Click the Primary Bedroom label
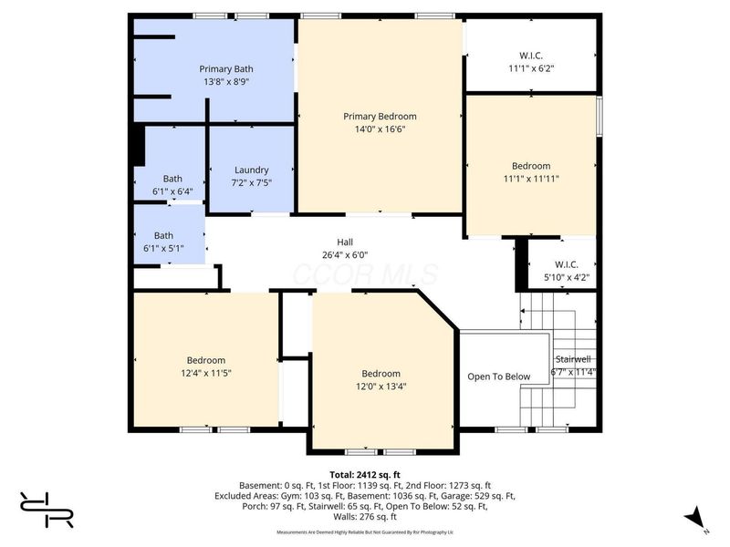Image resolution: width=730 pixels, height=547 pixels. (x=380, y=116)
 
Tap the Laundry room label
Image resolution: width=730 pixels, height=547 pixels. (x=251, y=170)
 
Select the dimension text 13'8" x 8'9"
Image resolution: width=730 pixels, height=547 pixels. (x=226, y=81)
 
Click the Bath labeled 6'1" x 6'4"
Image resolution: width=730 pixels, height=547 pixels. (x=172, y=179)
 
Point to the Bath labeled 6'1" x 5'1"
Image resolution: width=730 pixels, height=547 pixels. (x=163, y=235)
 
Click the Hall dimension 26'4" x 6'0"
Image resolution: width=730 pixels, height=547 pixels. (x=345, y=255)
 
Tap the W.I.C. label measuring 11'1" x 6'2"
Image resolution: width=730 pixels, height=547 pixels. (x=531, y=56)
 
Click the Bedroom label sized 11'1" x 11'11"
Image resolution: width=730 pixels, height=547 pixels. (x=531, y=166)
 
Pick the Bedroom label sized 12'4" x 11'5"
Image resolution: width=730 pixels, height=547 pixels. (x=206, y=360)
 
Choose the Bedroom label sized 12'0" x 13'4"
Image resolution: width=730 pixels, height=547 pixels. (x=381, y=374)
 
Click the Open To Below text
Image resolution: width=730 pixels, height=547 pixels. (x=499, y=377)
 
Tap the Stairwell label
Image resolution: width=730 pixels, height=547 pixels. (x=572, y=359)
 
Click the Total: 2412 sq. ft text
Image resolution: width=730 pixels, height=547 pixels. (x=365, y=475)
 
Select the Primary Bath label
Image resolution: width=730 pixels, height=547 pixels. (x=226, y=68)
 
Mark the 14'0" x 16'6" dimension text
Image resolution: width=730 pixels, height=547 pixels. (x=380, y=129)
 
